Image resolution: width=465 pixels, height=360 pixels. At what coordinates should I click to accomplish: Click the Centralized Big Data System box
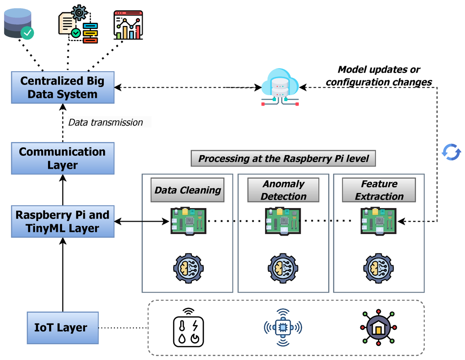click(63, 87)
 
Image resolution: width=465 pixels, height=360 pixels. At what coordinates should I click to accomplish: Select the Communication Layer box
click(63, 158)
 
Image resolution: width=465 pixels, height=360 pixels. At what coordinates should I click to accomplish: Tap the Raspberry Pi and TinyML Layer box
click(63, 221)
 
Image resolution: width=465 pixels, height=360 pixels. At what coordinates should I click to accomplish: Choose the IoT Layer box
click(63, 328)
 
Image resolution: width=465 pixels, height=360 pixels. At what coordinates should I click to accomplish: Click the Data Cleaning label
click(188, 190)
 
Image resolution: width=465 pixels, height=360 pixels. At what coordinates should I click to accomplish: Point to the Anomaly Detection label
click(283, 190)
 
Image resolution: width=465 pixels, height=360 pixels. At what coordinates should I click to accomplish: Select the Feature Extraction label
click(379, 190)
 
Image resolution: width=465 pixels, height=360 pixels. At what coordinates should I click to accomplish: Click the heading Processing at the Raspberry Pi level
click(283, 158)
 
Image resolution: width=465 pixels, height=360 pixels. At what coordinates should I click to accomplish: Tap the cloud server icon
click(279, 87)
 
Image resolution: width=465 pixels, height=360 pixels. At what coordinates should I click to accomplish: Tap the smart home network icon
click(379, 328)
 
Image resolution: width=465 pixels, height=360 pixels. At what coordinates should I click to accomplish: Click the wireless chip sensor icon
click(283, 328)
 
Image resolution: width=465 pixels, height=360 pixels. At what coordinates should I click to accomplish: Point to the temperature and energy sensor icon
click(188, 328)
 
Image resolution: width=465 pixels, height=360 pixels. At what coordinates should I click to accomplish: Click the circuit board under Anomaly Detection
click(282, 221)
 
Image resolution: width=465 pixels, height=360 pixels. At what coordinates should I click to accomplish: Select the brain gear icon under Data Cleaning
click(188, 267)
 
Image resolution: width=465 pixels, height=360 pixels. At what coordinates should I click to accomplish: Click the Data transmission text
click(105, 122)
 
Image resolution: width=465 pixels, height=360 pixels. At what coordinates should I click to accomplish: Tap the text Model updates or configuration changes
click(379, 76)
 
